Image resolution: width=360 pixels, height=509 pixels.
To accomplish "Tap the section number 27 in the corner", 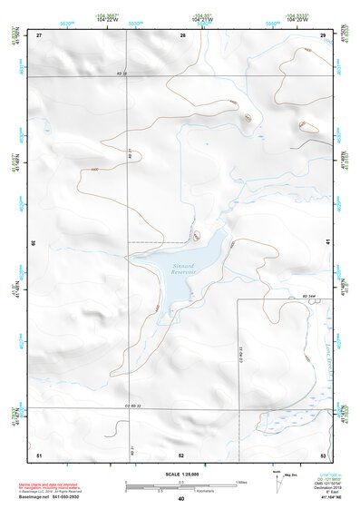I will [39, 34].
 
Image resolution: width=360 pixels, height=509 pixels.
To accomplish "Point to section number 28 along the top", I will [183, 34].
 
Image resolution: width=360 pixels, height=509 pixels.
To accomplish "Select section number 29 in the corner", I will [324, 34].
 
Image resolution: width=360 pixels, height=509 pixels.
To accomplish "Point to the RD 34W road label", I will [311, 297].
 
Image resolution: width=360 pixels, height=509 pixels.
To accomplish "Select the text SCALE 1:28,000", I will [181, 472].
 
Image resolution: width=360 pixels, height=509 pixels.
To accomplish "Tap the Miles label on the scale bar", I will [240, 482].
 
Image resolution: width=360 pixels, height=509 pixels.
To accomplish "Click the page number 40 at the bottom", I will [181, 499].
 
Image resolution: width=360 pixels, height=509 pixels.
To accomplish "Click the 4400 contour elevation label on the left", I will [94, 169].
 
